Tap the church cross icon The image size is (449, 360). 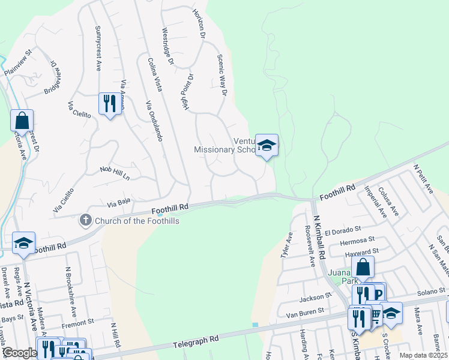(85, 220)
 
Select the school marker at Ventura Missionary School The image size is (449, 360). (267, 145)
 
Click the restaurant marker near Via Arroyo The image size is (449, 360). (109, 104)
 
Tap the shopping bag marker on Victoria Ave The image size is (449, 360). (22, 121)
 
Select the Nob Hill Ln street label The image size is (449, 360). (115, 173)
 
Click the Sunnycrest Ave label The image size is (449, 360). (98, 49)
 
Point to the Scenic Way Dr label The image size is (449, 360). (221, 72)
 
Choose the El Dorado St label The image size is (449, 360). (342, 229)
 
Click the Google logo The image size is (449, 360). (19, 352)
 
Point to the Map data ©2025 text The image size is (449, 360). (423, 355)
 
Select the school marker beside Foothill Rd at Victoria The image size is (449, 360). (23, 242)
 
